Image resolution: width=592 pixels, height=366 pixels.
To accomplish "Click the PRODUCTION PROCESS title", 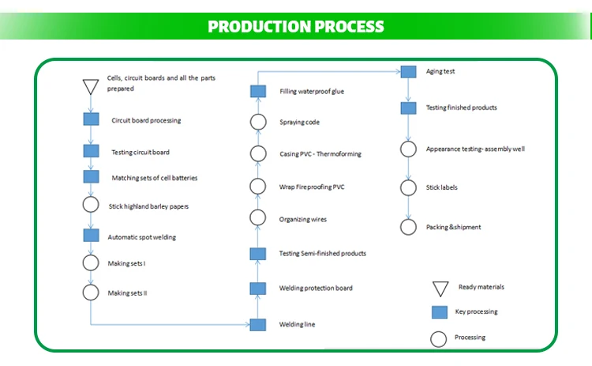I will [296, 27].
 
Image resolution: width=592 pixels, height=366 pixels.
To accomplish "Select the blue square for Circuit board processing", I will [91, 120].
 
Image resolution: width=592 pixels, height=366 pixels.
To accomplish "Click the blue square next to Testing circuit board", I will [91, 151].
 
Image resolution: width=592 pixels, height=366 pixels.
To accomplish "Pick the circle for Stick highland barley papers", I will [91, 206].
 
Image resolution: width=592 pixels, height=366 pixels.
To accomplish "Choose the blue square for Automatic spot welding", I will [91, 236].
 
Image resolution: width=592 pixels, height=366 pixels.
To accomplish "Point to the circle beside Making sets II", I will [91, 292].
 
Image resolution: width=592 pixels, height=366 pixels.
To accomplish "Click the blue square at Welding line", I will [257, 324].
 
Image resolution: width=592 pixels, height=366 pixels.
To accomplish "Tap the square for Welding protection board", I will [257, 288].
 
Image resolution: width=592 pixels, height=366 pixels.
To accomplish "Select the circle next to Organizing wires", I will [257, 218].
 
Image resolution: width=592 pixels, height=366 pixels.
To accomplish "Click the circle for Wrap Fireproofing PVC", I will [257, 187].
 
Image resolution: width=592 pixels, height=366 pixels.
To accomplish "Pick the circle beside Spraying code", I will [257, 122].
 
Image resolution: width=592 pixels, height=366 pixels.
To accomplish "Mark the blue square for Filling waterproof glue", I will [257, 91].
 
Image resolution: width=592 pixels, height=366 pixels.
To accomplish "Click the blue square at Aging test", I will [408, 71].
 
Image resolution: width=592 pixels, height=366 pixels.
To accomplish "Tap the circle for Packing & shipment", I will [408, 227].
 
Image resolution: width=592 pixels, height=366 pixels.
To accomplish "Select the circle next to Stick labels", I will [408, 187].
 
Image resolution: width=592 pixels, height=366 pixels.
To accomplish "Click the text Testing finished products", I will [461, 108].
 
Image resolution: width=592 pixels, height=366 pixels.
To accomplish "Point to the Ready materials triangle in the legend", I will [440, 289].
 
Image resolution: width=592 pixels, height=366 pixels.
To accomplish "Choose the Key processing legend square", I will [440, 312].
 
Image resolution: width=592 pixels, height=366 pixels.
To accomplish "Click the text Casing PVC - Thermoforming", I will [320, 154].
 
